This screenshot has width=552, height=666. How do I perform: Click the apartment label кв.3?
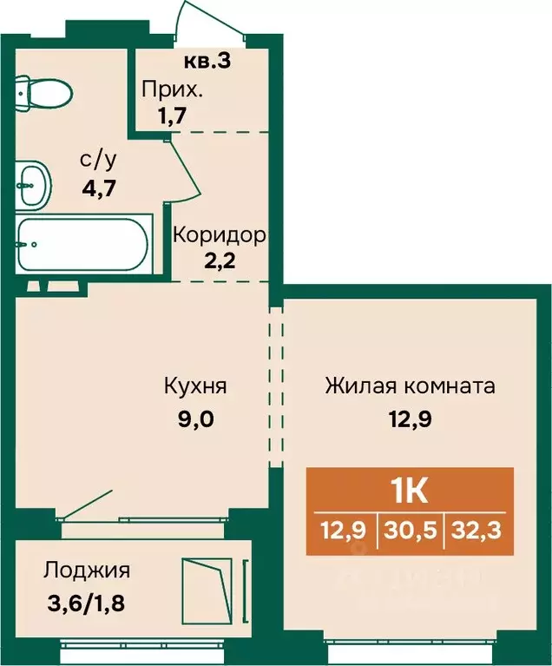pyautogui.click(x=207, y=61)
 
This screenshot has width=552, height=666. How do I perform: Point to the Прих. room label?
pyautogui.click(x=173, y=90)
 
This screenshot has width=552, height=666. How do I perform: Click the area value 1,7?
pyautogui.click(x=172, y=115)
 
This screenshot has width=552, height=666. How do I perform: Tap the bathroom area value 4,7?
pyautogui.click(x=99, y=188)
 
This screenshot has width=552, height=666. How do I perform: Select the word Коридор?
pyautogui.click(x=220, y=235)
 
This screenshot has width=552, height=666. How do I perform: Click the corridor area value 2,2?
pyautogui.click(x=220, y=260)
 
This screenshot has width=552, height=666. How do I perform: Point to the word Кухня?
pyautogui.click(x=195, y=386)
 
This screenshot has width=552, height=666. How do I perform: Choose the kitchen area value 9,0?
pyautogui.click(x=196, y=419)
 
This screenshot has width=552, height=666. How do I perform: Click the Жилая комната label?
pyautogui.click(x=411, y=386)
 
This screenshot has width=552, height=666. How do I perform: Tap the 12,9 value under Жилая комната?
pyautogui.click(x=411, y=419)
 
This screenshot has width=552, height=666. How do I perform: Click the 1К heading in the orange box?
pyautogui.click(x=411, y=492)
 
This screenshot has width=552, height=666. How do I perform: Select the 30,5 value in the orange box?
pyautogui.click(x=411, y=531)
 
